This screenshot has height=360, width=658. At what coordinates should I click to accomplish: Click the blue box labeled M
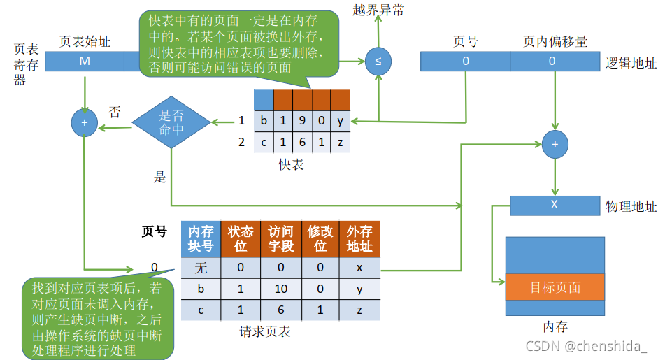(x=85, y=62)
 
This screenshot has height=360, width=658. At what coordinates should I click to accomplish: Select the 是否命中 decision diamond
(x=171, y=123)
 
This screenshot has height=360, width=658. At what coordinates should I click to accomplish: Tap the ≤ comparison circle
(x=378, y=62)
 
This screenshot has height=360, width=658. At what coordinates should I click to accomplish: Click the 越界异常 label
(x=378, y=10)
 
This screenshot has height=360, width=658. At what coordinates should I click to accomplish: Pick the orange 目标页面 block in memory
(x=555, y=287)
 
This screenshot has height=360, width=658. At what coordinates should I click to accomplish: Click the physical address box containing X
(x=555, y=206)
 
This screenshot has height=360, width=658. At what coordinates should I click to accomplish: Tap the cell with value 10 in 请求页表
(x=281, y=288)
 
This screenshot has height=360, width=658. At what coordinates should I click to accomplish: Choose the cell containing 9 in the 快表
(x=302, y=120)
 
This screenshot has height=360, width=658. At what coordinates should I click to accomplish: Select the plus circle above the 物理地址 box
(x=555, y=143)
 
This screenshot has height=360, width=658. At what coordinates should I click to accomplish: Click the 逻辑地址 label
(x=631, y=63)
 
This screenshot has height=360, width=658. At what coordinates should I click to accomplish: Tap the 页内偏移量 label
(x=555, y=42)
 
